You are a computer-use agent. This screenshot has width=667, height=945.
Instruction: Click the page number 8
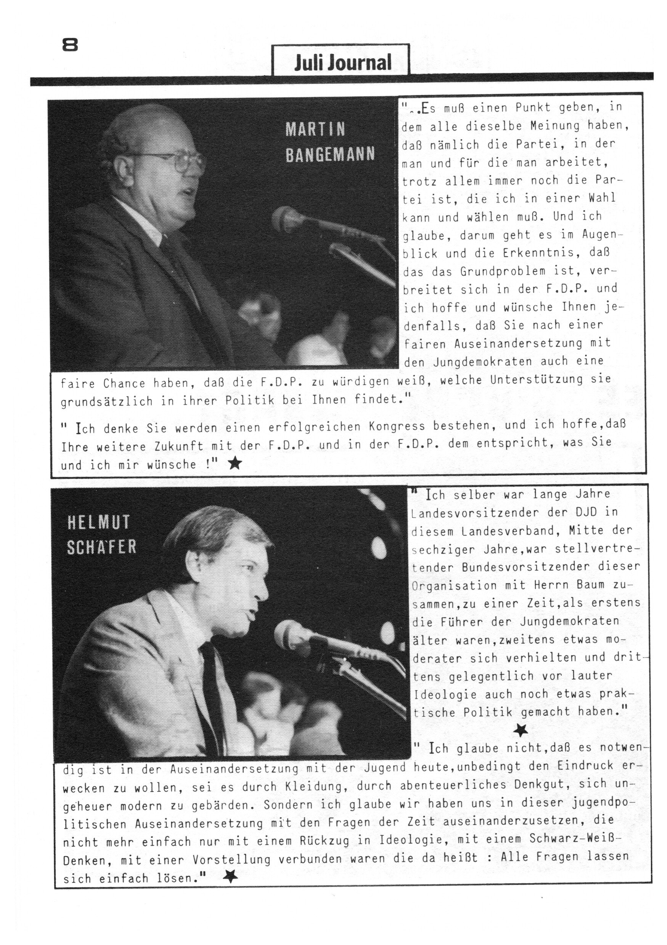(x=70, y=45)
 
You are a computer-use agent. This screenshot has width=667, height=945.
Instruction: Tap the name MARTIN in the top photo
(x=315, y=130)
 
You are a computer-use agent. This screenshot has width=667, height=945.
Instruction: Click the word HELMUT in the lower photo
(x=98, y=523)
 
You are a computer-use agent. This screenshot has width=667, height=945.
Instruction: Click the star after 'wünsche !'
(x=235, y=464)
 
